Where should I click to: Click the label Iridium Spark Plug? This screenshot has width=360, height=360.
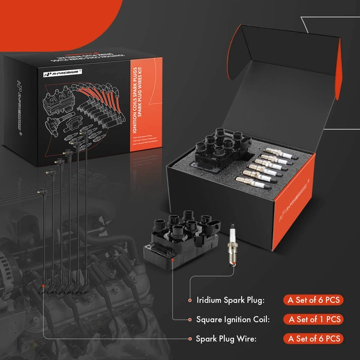point(230,299)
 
